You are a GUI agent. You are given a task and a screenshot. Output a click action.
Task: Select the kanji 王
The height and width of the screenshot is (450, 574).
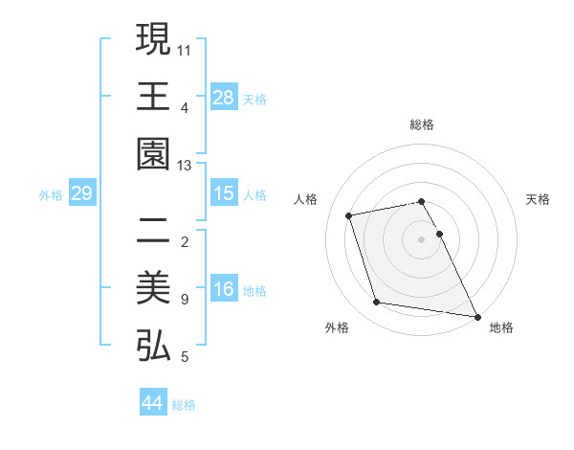point(153,97)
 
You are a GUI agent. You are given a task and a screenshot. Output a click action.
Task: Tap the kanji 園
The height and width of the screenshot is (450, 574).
point(153,154)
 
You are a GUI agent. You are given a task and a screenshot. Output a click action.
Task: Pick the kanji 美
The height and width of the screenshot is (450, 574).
point(153,289)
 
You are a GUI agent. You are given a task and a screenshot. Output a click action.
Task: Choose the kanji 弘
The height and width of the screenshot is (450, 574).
point(153,347)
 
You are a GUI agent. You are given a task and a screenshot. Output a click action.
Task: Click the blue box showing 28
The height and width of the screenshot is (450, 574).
point(223,97)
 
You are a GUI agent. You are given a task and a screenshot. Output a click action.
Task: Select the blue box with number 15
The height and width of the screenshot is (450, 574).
point(223,193)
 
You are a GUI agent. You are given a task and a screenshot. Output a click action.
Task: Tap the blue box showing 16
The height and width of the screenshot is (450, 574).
point(223,289)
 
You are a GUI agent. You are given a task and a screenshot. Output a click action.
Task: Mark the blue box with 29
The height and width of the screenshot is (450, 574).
point(81,193)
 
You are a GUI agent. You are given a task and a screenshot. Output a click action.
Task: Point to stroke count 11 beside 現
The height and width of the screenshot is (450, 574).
point(185,48)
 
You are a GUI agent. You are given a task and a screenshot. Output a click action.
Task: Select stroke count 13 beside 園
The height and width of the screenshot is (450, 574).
point(185,165)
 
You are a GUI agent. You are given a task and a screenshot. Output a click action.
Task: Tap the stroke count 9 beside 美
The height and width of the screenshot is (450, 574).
point(184,300)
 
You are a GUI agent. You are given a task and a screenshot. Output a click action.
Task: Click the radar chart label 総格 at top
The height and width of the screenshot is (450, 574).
point(421,124)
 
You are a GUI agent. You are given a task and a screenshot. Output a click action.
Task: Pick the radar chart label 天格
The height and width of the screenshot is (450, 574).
point(538,199)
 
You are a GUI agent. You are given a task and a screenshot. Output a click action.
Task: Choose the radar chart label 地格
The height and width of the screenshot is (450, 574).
point(501,328)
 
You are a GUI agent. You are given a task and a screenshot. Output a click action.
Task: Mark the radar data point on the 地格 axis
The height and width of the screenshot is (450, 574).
point(477,316)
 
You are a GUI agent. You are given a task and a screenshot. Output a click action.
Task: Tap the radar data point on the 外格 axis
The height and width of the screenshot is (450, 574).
point(377,303)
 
